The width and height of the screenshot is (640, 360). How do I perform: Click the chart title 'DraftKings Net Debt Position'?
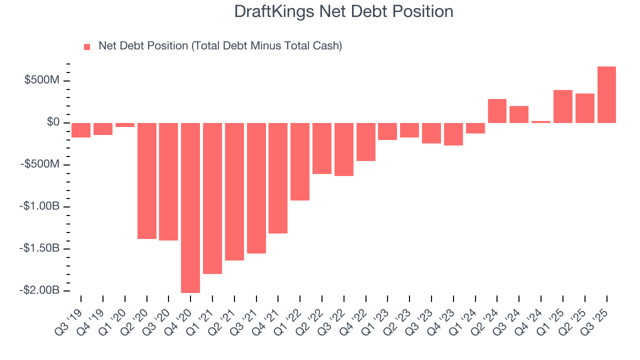click(x=343, y=11)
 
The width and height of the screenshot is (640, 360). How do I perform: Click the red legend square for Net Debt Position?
click(x=87, y=46)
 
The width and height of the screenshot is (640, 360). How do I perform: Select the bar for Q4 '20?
click(x=190, y=207)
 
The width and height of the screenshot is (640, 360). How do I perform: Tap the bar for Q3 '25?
click(x=606, y=94)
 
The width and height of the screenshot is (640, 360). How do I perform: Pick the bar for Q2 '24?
click(x=497, y=111)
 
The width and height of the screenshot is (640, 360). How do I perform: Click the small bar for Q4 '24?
click(x=541, y=121)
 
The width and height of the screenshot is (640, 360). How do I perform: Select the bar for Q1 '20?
click(x=125, y=125)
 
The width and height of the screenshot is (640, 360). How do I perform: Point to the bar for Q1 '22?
click(x=300, y=161)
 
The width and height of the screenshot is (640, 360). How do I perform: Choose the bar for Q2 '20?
click(x=147, y=180)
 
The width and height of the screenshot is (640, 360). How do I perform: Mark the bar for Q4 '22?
click(x=366, y=141)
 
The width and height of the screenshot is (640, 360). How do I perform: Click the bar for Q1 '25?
click(x=563, y=106)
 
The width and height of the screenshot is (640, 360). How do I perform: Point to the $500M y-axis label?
click(x=42, y=80)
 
